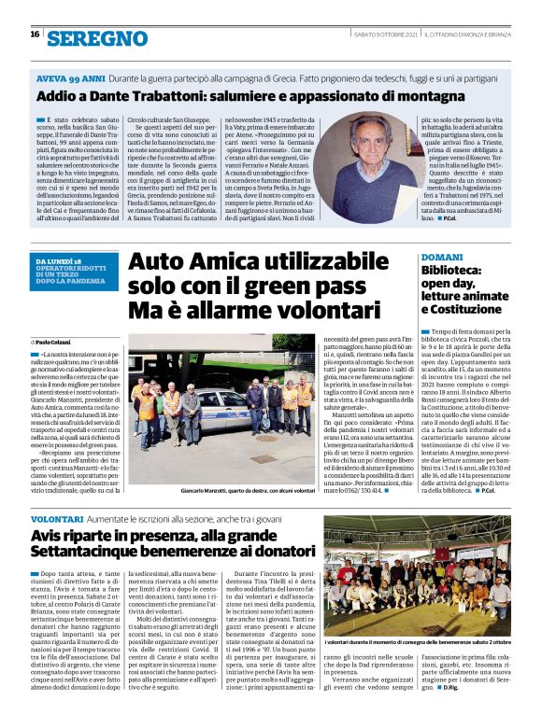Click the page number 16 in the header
click(34, 35)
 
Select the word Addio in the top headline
click(57, 96)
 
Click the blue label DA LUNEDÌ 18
click(57, 260)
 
